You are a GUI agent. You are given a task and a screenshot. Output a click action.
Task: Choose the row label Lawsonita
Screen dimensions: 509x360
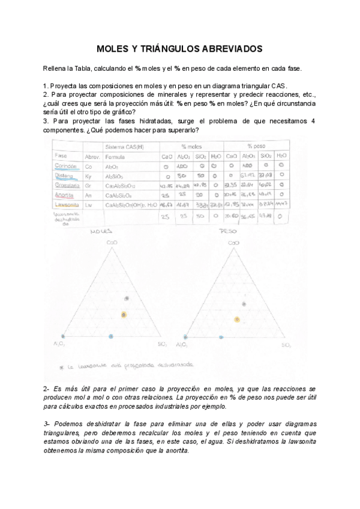[x=67, y=205]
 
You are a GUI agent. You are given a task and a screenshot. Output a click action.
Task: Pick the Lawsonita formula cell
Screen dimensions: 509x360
[x=129, y=205]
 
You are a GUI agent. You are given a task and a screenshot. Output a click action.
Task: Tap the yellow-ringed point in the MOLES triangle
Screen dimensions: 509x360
[x=124, y=315]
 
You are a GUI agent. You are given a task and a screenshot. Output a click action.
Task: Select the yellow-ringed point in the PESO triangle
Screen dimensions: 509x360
[x=237, y=319]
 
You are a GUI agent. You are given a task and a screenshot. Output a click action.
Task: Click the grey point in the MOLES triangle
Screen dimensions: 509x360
[x=126, y=298]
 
